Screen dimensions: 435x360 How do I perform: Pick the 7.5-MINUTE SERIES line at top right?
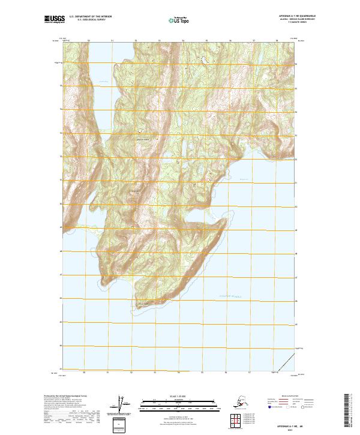289,23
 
